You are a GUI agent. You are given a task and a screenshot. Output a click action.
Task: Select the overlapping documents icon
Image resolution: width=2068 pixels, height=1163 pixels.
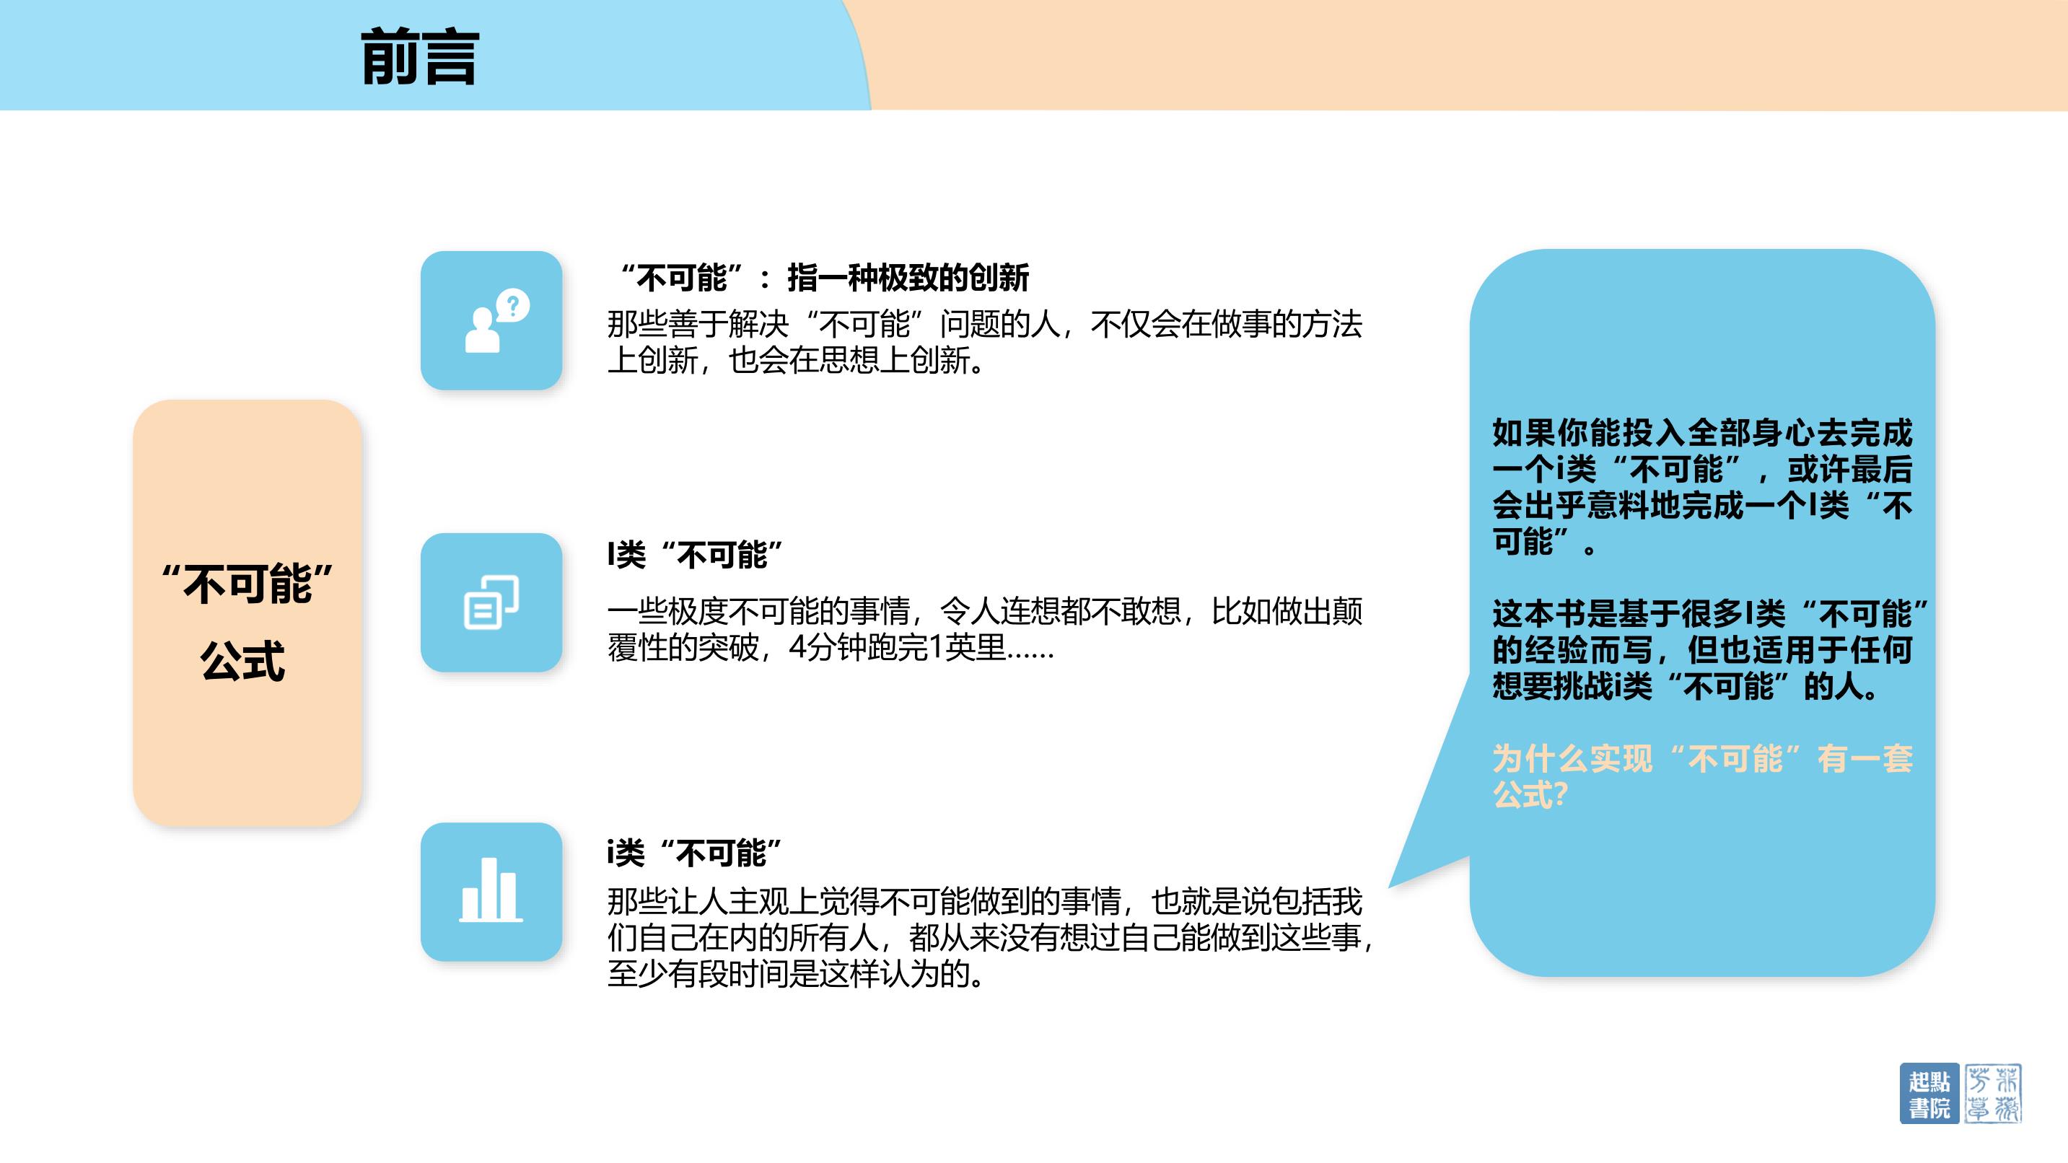491,602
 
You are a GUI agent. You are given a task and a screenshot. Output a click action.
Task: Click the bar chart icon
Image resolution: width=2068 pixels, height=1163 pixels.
491,890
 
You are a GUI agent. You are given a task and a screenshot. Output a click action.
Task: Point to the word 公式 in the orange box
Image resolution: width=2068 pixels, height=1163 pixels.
242,661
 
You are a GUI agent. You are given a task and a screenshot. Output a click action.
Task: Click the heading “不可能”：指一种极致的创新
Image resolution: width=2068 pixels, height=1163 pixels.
825,278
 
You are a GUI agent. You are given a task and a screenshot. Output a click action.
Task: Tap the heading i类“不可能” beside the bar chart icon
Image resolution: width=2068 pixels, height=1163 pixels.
694,852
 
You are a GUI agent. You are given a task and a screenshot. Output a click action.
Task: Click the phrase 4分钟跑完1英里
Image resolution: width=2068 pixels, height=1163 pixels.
898,647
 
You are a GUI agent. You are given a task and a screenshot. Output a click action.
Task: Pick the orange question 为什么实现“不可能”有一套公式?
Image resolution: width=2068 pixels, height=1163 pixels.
1703,776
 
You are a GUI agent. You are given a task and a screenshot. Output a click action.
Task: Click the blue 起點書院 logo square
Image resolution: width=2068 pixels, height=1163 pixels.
1930,1093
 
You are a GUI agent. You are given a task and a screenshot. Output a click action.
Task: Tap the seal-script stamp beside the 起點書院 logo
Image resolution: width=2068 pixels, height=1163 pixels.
1992,1093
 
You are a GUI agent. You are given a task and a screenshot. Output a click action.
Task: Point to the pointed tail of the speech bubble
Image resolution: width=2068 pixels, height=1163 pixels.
1390,886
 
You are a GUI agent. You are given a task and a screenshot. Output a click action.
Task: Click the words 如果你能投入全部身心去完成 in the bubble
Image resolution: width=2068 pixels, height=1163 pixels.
1703,433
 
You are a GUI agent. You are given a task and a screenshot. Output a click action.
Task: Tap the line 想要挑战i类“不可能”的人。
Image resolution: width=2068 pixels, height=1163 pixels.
1686,686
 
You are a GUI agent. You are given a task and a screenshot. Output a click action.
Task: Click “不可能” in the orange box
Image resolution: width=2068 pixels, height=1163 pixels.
247,583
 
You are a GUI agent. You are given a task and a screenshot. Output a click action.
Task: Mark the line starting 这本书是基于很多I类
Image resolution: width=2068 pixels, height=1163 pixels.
1710,614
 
